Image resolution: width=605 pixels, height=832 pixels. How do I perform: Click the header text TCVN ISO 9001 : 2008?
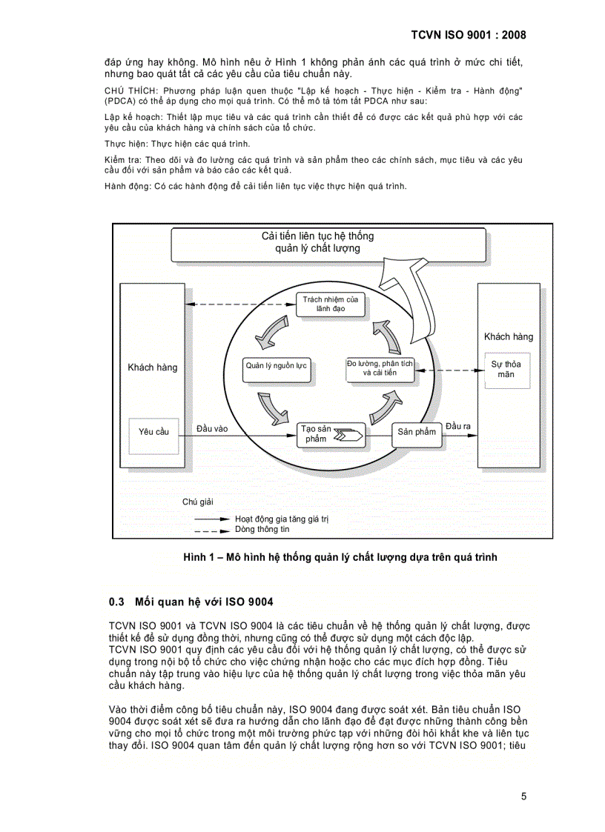click(x=468, y=35)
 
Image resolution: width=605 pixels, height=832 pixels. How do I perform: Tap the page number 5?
click(x=523, y=796)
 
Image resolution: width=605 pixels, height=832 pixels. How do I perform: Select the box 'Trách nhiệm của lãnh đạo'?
click(x=331, y=303)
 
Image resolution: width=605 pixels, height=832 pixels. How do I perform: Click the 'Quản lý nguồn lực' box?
click(x=277, y=365)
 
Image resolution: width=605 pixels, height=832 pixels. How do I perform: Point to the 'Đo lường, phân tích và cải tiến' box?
click(x=380, y=368)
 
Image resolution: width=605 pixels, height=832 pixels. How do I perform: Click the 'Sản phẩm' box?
click(x=416, y=432)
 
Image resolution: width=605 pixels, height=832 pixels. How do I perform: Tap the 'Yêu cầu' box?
click(x=154, y=431)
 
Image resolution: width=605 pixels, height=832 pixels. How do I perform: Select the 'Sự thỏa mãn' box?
click(x=506, y=369)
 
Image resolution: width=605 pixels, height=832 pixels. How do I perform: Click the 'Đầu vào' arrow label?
click(x=212, y=429)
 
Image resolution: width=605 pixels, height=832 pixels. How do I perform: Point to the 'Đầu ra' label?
click(x=458, y=426)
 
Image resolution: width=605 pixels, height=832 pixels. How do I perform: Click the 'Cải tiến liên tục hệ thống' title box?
click(x=319, y=242)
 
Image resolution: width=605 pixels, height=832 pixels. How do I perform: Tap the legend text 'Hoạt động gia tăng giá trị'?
click(x=281, y=519)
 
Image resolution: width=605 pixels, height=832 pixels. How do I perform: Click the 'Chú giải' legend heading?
click(x=198, y=502)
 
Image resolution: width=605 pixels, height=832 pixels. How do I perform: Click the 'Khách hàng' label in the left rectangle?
click(x=153, y=367)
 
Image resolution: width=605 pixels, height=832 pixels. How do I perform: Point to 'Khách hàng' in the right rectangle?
click(x=508, y=336)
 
